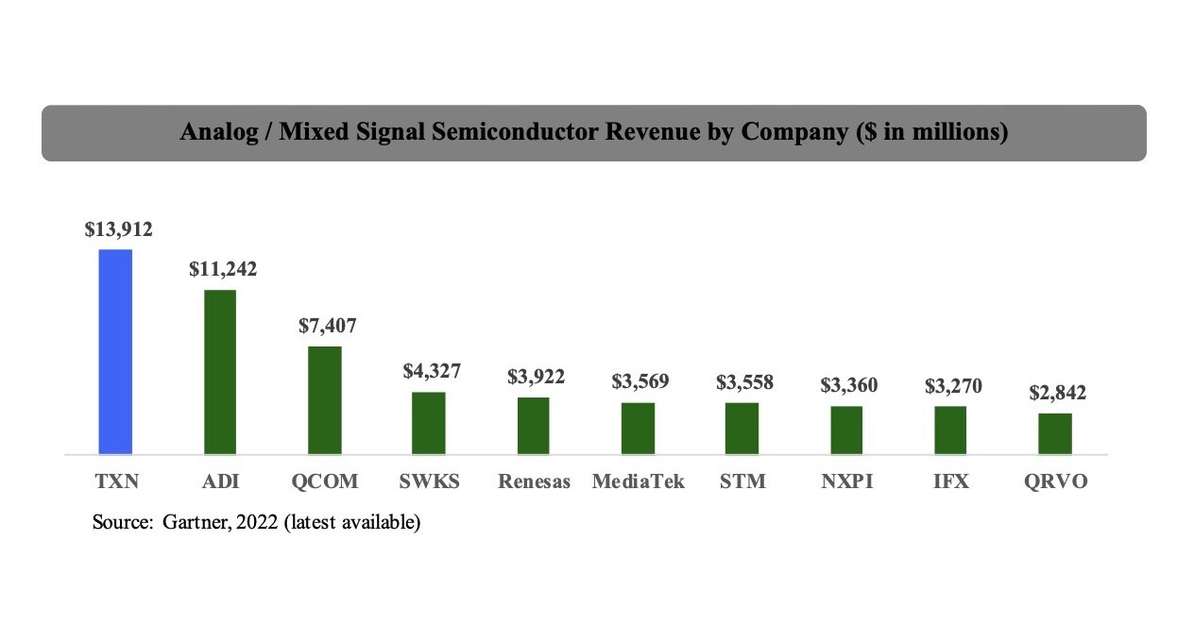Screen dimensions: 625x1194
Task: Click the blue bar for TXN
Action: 115,351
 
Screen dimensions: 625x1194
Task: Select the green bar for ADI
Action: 220,372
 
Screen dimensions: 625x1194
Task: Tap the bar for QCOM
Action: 325,400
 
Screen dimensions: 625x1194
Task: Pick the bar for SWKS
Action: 429,423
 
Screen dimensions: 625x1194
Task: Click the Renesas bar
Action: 534,426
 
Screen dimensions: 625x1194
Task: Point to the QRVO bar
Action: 1055,433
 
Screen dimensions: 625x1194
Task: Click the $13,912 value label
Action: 118,228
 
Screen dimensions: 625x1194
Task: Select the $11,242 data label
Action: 223,269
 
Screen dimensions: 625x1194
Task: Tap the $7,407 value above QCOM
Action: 328,326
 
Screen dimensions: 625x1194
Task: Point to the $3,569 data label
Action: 640,381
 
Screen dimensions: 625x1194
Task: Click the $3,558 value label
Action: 744,382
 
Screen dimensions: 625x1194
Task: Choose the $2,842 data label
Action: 1057,393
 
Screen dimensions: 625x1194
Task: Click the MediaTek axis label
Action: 639,481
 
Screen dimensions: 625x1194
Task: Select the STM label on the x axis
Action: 742,481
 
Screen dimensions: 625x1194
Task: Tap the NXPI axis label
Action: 847,481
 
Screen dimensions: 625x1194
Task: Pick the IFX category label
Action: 951,481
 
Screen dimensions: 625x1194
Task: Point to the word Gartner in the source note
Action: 196,521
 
